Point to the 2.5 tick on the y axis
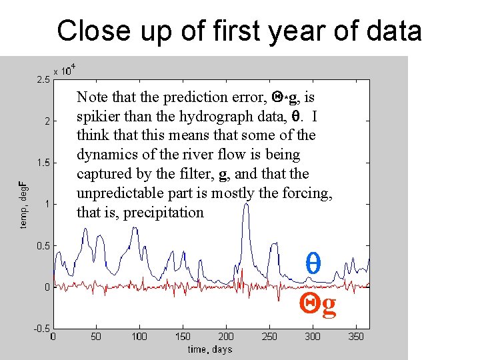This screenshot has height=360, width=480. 42,79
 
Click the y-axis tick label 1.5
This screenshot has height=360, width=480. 42,163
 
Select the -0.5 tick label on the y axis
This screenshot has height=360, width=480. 41,329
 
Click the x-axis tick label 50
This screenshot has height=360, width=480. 96,337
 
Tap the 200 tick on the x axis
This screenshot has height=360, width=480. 226,337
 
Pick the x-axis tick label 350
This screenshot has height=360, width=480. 356,337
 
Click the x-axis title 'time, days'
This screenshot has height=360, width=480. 210,349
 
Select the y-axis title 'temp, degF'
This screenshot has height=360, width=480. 23,203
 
